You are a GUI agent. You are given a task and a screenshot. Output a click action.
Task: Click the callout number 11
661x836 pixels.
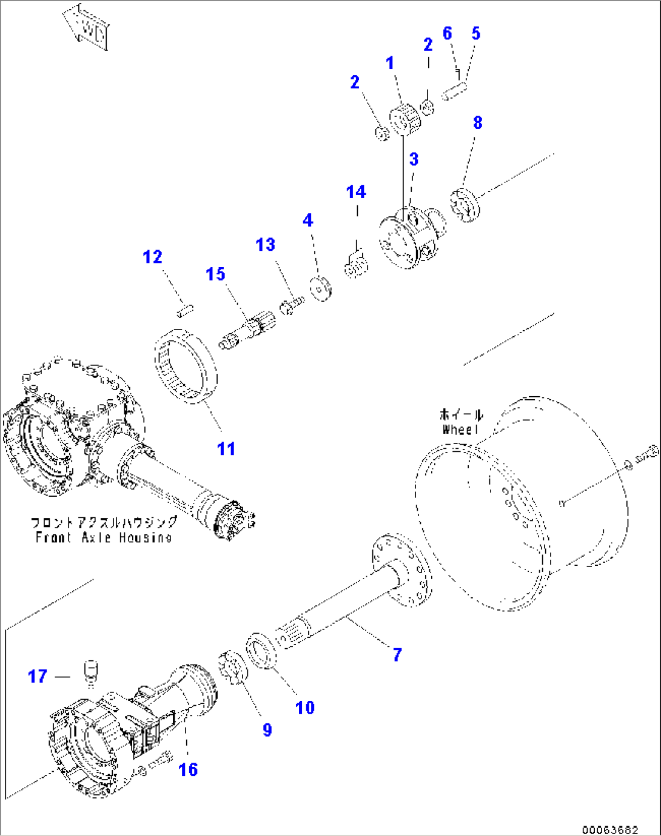pyautogui.click(x=226, y=449)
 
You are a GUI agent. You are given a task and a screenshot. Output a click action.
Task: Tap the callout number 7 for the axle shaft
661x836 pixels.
pyautogui.click(x=397, y=654)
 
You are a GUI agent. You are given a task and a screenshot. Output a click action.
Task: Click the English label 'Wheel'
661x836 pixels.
pyautogui.click(x=460, y=430)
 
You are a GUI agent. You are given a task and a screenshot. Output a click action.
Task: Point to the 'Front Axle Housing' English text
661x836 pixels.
pyautogui.click(x=103, y=537)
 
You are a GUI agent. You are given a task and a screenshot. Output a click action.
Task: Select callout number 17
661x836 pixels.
pyautogui.click(x=38, y=676)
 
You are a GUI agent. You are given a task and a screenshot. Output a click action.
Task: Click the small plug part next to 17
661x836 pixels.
pyautogui.click(x=90, y=672)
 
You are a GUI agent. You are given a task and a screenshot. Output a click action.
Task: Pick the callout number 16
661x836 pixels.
pyautogui.click(x=188, y=769)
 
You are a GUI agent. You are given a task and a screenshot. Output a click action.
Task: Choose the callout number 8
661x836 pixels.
pyautogui.click(x=478, y=122)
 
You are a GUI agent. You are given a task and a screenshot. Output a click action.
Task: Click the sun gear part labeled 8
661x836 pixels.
pyautogui.click(x=465, y=205)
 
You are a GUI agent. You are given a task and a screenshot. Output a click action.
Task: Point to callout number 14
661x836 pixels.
pyautogui.click(x=356, y=192)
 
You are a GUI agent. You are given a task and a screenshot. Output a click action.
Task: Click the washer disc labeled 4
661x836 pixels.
pyautogui.click(x=321, y=288)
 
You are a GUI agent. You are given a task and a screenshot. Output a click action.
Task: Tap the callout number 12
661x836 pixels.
pyautogui.click(x=152, y=257)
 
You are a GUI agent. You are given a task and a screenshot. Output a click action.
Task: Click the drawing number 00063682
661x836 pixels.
pyautogui.click(x=609, y=829)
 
